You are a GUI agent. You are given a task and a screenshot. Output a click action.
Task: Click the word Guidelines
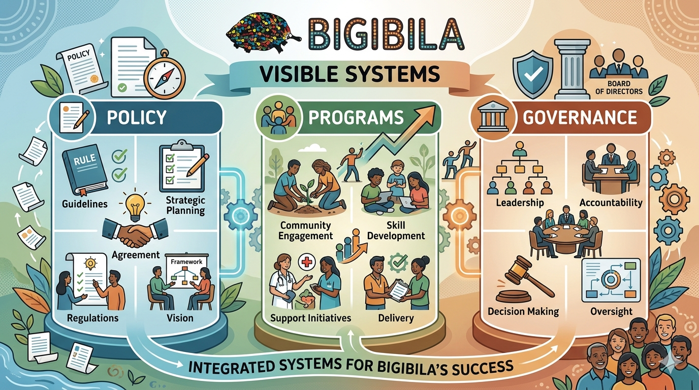click(x=84, y=204)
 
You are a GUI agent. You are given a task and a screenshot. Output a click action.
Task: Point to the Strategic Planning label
click(x=185, y=204)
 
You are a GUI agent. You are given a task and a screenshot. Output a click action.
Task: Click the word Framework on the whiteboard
click(x=186, y=262)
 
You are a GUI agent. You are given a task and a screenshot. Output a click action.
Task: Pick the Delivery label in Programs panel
click(x=396, y=318)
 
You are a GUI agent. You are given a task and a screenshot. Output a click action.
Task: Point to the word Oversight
click(x=612, y=311)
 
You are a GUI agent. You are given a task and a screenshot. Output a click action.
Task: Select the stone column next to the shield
click(x=573, y=71)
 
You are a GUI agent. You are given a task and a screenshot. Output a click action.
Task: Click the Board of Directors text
click(x=618, y=87)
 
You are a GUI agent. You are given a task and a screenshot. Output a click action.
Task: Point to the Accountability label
click(x=611, y=203)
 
